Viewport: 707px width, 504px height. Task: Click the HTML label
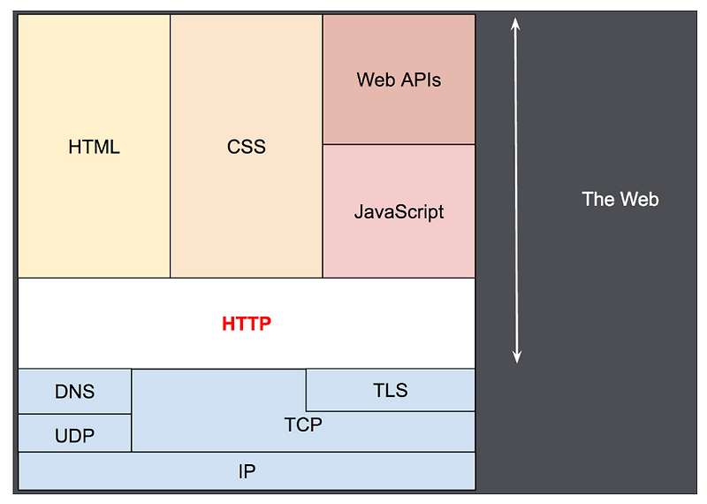coord(94,147)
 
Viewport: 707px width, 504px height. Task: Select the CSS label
coord(246,147)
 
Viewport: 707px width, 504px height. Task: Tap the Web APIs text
coord(399,80)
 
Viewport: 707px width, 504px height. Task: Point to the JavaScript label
coord(399,212)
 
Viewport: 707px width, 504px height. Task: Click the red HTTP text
coord(247,324)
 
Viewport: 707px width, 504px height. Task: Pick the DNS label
coord(74,392)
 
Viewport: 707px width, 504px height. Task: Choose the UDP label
coord(74,435)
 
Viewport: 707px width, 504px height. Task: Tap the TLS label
coord(390,390)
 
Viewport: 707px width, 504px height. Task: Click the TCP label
coord(303,425)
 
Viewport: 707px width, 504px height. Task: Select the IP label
coord(247,471)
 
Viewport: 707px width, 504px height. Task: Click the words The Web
coord(620,199)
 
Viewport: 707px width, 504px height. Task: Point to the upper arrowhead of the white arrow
coord(517,24)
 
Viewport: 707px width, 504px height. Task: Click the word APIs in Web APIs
coord(419,80)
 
